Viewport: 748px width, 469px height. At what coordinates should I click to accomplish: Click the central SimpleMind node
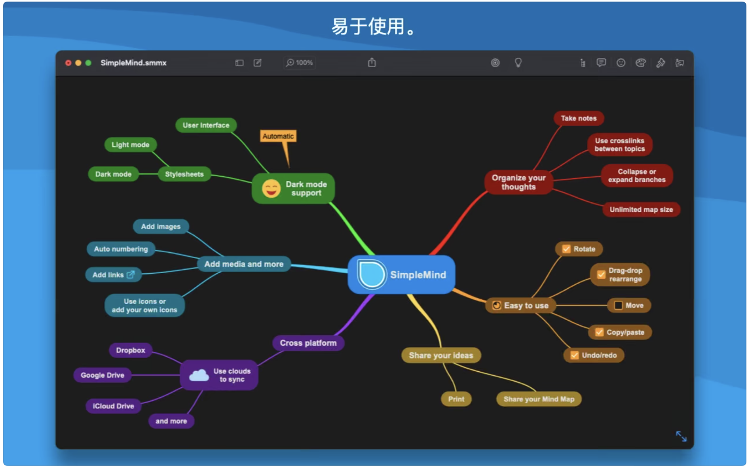click(401, 274)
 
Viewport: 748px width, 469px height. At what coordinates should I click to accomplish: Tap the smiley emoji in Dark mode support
click(271, 189)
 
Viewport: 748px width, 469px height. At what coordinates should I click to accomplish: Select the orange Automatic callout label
click(278, 136)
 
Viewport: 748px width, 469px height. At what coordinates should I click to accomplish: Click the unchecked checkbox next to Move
click(618, 305)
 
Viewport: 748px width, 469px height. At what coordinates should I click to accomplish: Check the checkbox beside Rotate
click(566, 249)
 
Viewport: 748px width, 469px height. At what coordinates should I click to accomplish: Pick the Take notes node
click(578, 118)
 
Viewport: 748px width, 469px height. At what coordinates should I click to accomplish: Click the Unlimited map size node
click(641, 210)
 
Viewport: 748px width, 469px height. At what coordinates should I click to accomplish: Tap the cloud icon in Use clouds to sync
click(199, 375)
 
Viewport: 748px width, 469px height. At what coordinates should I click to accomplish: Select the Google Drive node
click(103, 375)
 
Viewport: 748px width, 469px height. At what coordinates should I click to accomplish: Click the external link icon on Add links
click(131, 274)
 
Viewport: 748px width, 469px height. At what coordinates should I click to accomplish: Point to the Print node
click(456, 399)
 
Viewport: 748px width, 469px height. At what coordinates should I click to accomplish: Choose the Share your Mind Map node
click(539, 399)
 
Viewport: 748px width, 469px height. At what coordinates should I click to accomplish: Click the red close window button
click(68, 63)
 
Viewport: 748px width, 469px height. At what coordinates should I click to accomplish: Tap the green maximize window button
click(88, 63)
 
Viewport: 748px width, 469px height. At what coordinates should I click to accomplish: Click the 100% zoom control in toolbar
click(300, 63)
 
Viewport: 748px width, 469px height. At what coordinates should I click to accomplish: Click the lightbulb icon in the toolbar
click(518, 62)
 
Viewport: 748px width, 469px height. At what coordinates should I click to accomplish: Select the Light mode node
click(130, 145)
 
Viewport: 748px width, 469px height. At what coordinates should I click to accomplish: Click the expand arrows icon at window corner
click(681, 436)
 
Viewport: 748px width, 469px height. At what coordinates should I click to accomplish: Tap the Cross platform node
click(308, 343)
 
